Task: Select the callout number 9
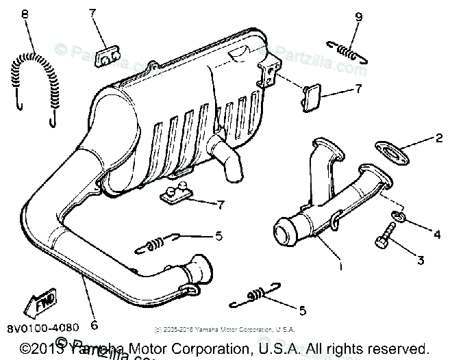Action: point(359,16)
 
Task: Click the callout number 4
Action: point(436,234)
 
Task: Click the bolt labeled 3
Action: point(383,242)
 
